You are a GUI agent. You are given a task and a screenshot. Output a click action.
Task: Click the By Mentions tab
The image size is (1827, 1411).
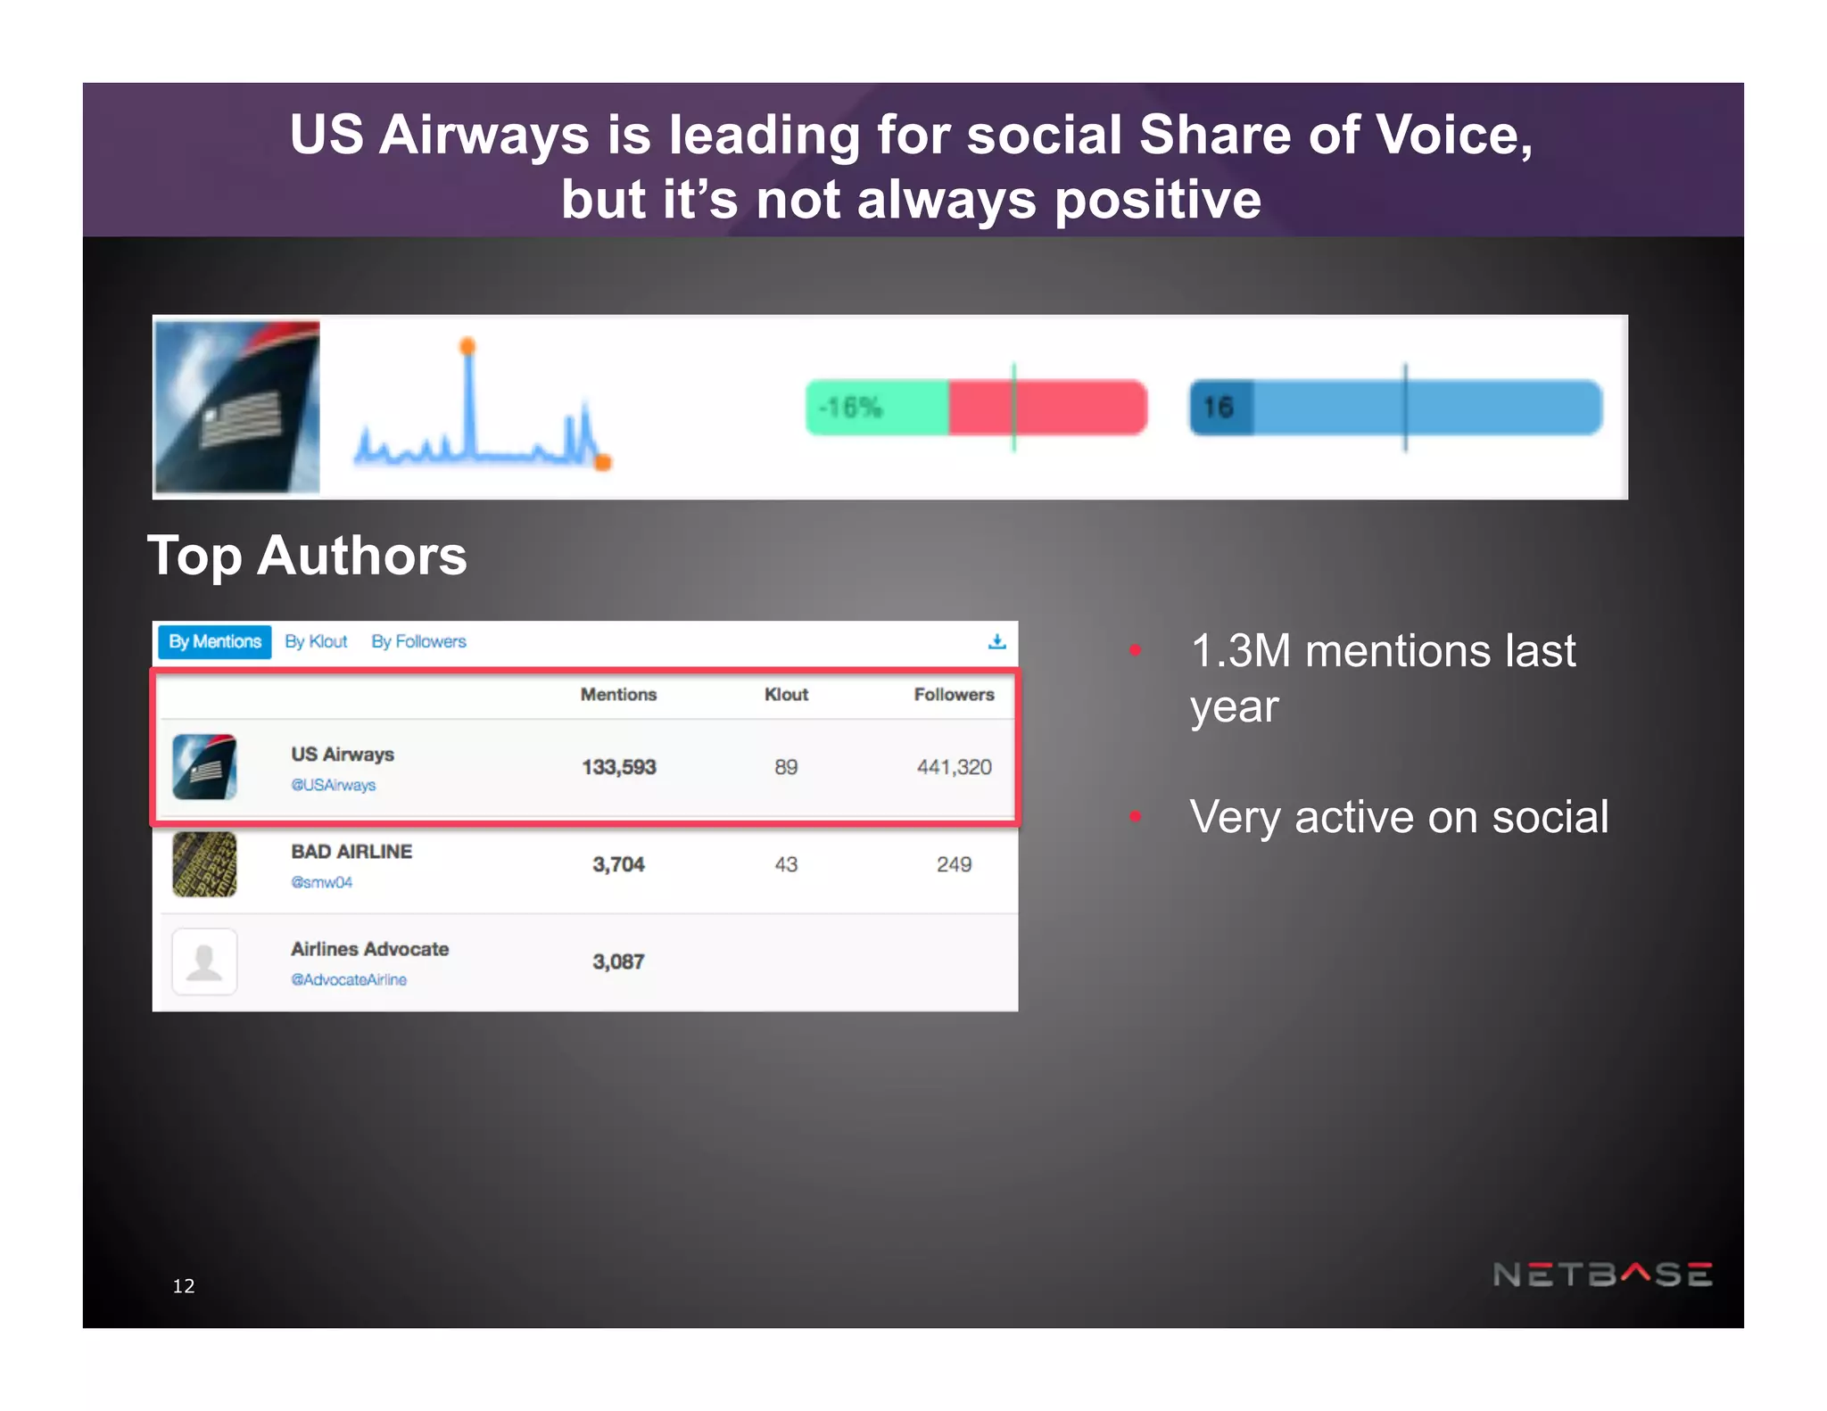coord(214,641)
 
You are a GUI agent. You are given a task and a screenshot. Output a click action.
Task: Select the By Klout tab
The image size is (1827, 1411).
coord(316,641)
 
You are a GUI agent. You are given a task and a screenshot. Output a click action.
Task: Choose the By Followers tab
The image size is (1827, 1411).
coord(418,641)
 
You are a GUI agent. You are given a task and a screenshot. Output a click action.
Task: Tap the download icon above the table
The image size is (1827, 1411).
coord(996,641)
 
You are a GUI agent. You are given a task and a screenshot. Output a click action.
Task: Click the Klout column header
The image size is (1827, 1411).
coord(786,694)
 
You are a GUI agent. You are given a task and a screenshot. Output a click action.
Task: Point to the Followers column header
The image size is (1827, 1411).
coord(954,694)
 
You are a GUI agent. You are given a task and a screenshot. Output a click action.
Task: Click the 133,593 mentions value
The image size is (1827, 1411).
coord(618,767)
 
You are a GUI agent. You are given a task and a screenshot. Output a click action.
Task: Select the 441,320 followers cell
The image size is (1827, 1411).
coord(954,767)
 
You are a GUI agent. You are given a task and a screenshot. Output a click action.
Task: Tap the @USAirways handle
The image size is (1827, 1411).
coord(333,785)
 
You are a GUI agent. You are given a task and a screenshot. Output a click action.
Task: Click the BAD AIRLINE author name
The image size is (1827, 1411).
coord(351,852)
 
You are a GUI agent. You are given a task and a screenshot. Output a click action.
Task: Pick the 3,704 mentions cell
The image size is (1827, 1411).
coord(618,864)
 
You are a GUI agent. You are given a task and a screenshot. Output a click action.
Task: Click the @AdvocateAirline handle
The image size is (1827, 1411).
coord(349,979)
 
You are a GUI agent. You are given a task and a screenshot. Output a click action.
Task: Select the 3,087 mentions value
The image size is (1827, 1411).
coord(618,961)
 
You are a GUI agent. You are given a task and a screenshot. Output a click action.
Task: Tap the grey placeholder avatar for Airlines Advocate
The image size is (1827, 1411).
coord(204,961)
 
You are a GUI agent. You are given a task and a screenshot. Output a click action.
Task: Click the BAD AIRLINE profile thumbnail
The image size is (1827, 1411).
coord(204,864)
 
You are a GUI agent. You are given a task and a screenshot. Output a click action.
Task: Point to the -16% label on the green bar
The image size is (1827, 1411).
coord(850,408)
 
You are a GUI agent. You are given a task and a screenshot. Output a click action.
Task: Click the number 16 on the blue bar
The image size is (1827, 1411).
coord(1218,408)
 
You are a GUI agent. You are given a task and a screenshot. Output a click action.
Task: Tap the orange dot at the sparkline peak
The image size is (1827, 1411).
coord(467,346)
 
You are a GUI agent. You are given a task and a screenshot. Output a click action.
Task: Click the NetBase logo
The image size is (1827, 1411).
coord(1602,1274)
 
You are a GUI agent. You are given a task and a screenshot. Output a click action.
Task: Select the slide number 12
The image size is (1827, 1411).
coord(184,1285)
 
